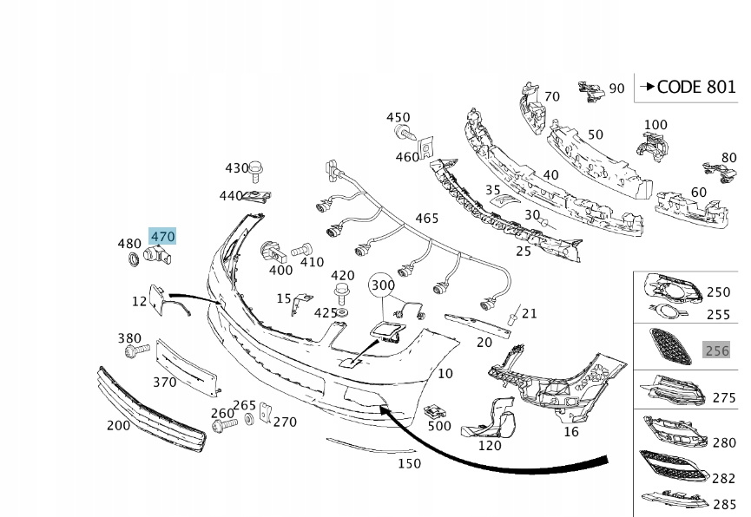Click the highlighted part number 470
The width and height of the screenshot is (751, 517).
162,235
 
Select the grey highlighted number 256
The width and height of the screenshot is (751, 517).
717,350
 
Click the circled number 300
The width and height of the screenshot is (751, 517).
382,285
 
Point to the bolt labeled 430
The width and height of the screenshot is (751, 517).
257,167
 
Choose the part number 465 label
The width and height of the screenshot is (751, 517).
426,219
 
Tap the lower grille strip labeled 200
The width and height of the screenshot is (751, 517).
152,408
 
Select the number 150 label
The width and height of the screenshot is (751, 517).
409,463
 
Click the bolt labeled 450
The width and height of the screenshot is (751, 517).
403,133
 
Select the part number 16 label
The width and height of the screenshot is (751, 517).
570,431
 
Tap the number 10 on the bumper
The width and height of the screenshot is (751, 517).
445,374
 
